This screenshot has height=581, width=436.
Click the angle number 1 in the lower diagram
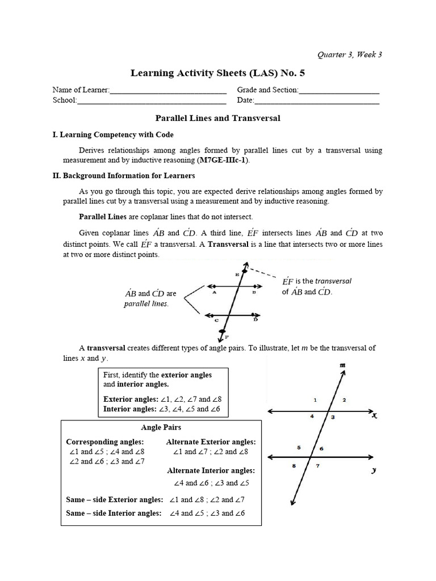tap(315, 401)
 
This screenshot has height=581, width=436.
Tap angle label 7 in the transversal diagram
tap(318, 466)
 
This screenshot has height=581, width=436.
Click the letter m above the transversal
tap(342, 366)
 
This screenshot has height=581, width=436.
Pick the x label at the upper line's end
tap(375, 416)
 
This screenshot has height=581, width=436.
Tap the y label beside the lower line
tap(374, 470)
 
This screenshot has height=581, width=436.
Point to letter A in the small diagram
tap(215, 293)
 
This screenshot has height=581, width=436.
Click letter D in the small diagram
tap(255, 320)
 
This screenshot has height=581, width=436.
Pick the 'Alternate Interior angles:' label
tap(211, 470)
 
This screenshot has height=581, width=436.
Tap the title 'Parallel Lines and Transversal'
tap(218, 119)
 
